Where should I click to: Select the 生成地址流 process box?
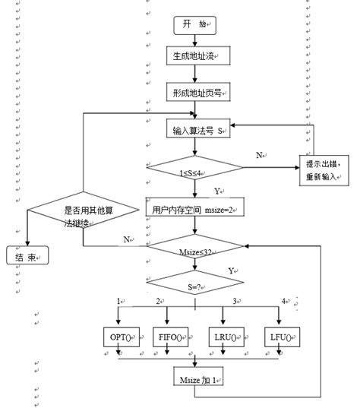pyautogui.click(x=195, y=55)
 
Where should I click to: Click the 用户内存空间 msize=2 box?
pyautogui.click(x=196, y=207)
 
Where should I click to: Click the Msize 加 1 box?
pyautogui.click(x=195, y=378)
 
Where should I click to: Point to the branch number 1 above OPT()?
pyautogui.click(x=118, y=302)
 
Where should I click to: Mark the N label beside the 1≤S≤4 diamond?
pyautogui.click(x=260, y=154)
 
